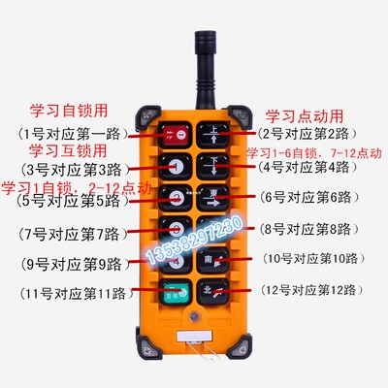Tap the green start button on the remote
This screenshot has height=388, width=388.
coord(172,290)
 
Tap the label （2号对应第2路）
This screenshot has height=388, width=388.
coord(308,133)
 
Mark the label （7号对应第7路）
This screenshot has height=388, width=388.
coord(69,234)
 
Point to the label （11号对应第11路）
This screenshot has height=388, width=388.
coord(69,292)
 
